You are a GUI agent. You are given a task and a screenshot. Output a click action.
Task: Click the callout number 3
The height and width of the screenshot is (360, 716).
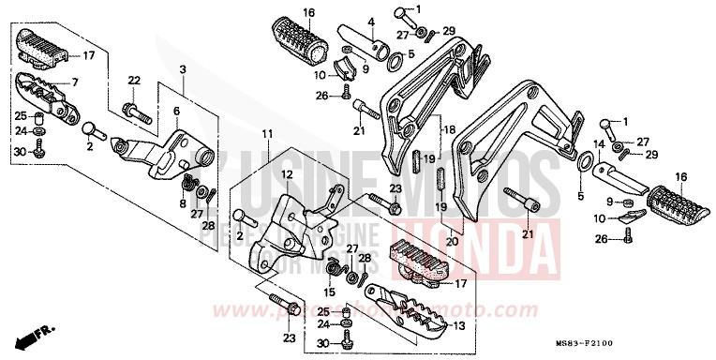point(183,71)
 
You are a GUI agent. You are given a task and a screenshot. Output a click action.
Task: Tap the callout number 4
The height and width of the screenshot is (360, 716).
point(371,21)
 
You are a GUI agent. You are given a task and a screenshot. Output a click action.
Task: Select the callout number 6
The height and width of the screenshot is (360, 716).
point(176,111)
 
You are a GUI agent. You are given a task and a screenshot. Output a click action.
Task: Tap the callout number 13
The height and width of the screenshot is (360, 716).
point(458,325)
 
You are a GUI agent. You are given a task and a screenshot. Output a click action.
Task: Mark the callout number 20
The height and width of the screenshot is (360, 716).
point(455,239)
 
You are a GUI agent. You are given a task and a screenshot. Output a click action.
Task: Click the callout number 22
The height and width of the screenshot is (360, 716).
point(133,81)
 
